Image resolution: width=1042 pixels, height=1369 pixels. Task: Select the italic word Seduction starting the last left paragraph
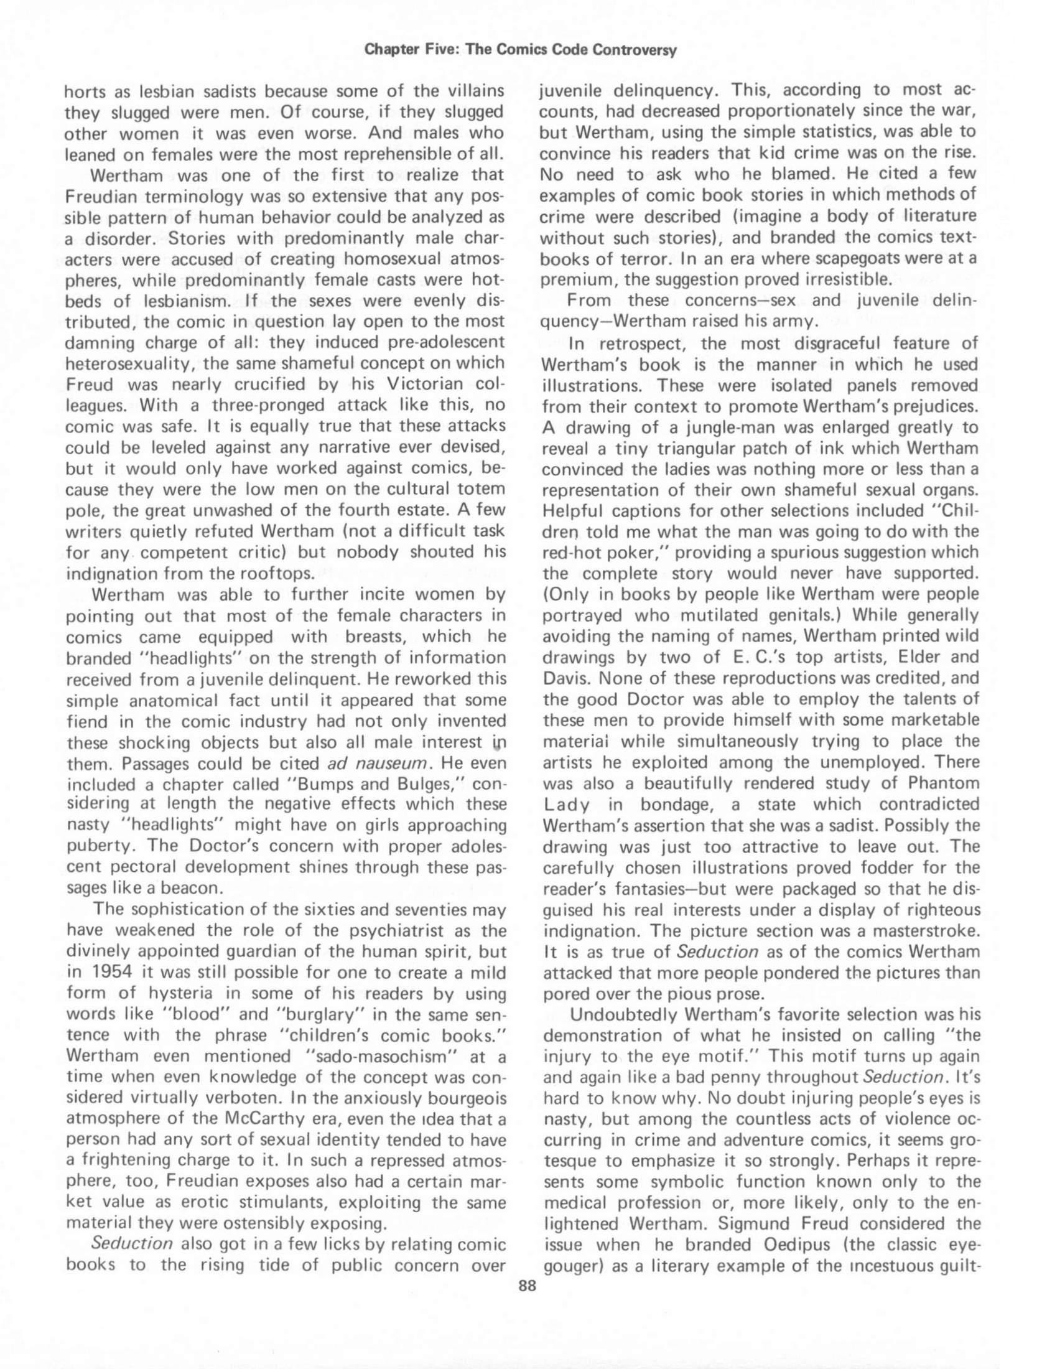[132, 1245]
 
